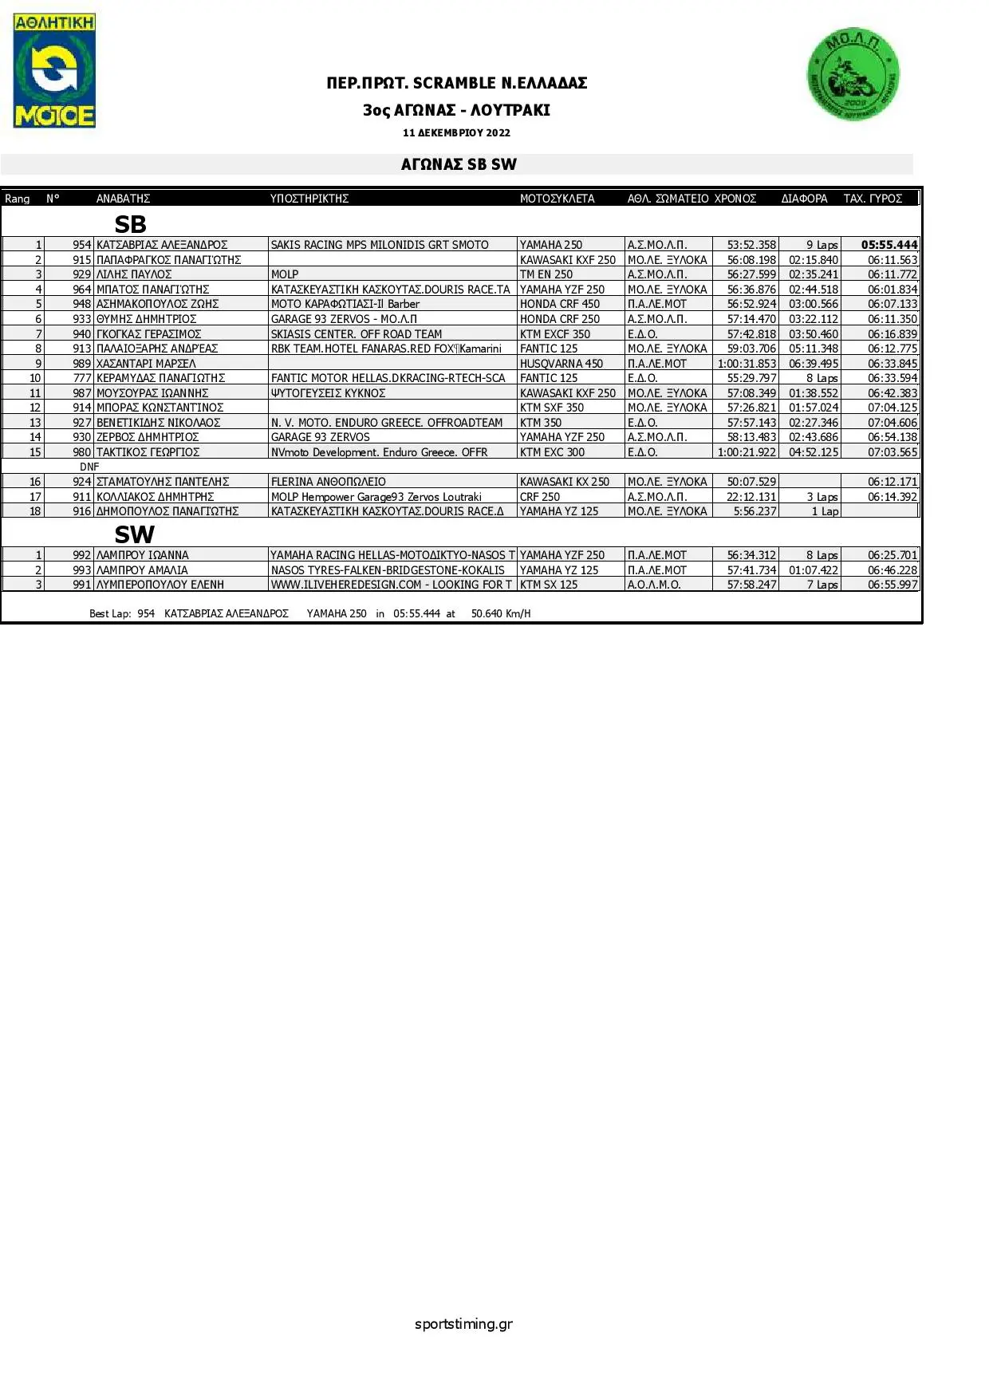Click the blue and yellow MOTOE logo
(x=54, y=70)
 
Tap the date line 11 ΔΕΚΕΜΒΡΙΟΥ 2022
(x=456, y=133)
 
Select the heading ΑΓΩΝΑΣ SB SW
(x=459, y=164)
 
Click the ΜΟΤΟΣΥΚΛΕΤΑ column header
(x=557, y=199)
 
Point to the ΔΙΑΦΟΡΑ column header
(x=804, y=199)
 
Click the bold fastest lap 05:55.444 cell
(x=889, y=245)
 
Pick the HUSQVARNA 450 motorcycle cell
(x=561, y=364)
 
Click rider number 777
(x=82, y=378)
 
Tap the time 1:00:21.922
(x=747, y=452)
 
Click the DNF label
(x=89, y=467)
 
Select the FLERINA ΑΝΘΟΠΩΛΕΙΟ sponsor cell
(x=329, y=482)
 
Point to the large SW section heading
(x=134, y=534)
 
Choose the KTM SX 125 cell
(x=549, y=585)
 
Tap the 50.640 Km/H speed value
(x=501, y=613)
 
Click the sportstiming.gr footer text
(x=463, y=1324)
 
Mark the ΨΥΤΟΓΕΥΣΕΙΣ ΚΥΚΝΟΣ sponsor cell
(x=329, y=393)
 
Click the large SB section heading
(x=130, y=224)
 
